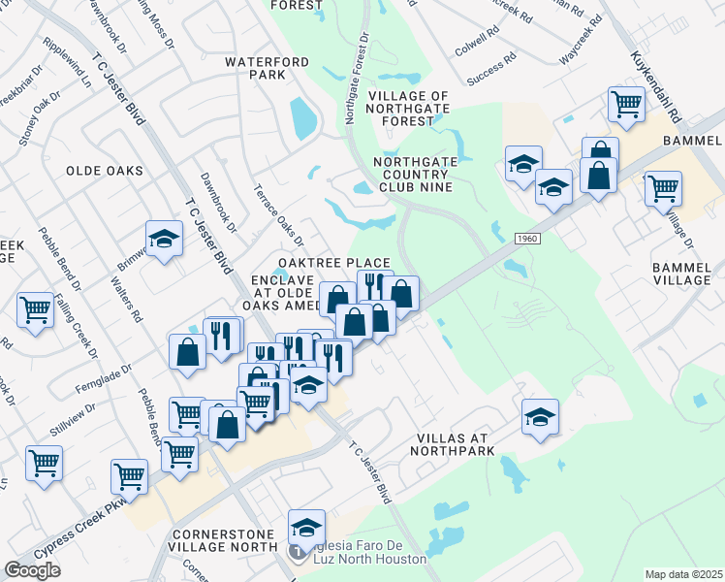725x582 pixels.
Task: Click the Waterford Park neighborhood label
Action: pyautogui.click(x=267, y=68)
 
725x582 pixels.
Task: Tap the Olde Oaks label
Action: pyautogui.click(x=104, y=171)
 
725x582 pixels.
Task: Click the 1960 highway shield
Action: pyautogui.click(x=526, y=239)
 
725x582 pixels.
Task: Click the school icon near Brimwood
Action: pyautogui.click(x=165, y=239)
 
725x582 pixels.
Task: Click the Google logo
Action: pyautogui.click(x=33, y=570)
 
